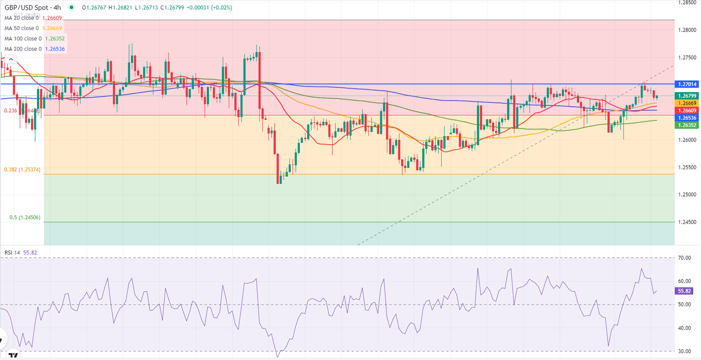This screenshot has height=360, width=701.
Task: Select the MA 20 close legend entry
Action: coord(23,18)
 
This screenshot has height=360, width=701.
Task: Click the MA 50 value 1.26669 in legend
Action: coord(52,28)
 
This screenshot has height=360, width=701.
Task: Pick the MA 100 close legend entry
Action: coord(23,39)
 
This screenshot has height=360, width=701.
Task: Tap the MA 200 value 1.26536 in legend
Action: coord(54,49)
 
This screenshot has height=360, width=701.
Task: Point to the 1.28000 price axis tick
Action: coord(687,30)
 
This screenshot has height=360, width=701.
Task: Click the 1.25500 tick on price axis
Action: coord(687,167)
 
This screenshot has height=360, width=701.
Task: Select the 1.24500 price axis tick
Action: coord(687,222)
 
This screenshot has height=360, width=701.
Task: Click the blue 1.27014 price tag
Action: coord(687,84)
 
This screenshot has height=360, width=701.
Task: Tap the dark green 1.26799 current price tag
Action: coord(687,96)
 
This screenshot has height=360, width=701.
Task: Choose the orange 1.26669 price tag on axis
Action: coord(687,104)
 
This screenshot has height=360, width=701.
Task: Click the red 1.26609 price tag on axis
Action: coord(687,110)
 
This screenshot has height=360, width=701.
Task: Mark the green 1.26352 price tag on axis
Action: coord(687,125)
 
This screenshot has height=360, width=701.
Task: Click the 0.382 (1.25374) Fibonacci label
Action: coord(22,170)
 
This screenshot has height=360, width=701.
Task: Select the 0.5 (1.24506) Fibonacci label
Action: coord(25,218)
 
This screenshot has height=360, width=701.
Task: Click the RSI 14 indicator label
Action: coord(12,253)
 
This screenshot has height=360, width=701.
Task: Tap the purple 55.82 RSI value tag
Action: coord(683,291)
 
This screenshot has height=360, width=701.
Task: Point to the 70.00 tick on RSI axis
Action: coord(684,258)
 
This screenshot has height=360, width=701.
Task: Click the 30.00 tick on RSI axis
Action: coord(684,351)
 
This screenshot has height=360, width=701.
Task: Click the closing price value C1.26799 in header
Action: coord(173,8)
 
